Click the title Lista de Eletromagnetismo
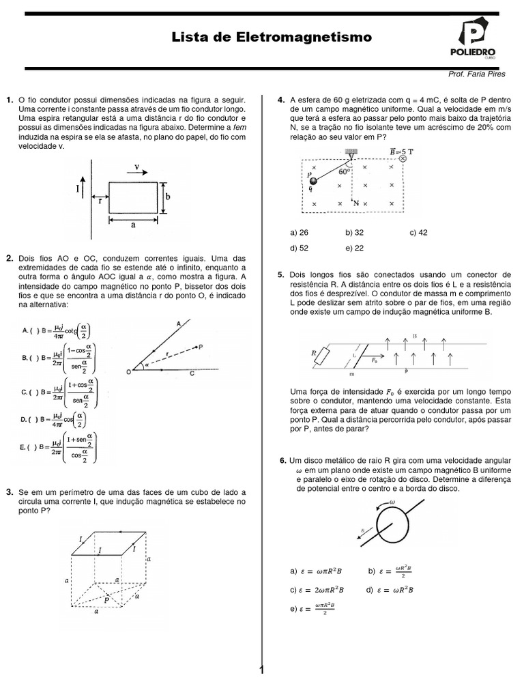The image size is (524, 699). (262, 38)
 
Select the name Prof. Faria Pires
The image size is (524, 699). (476, 74)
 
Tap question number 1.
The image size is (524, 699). (10, 100)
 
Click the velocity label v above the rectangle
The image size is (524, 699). (137, 166)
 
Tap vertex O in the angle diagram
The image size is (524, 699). (129, 371)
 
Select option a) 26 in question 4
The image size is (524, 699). (300, 233)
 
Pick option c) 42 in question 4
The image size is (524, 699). (418, 233)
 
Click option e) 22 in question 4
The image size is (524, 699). (354, 247)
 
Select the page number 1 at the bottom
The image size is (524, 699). (261, 671)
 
